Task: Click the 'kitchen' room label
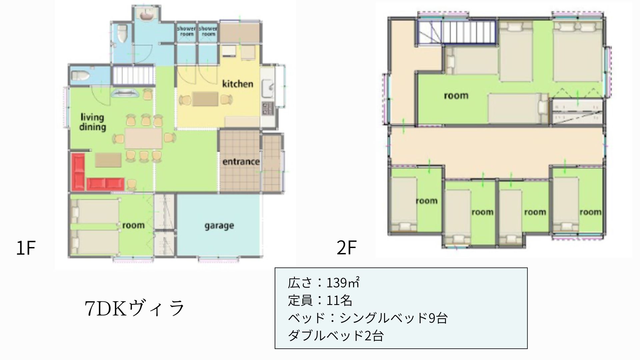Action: point(238,84)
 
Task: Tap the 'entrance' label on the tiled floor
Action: point(241,162)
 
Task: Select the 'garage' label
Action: point(219,226)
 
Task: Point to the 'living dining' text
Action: point(92,122)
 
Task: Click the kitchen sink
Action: point(268,87)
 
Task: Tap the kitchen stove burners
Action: point(267,108)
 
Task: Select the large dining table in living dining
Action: point(144,138)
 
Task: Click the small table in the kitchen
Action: point(205,99)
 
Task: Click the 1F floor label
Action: point(26,248)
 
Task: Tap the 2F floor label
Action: point(346,248)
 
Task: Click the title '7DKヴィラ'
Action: point(135,308)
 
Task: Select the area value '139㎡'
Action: point(343,283)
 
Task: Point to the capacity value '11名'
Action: point(339,300)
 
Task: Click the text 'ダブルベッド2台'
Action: point(336,335)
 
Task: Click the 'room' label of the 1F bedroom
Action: point(133,225)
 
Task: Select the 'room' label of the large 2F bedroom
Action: point(456,96)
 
